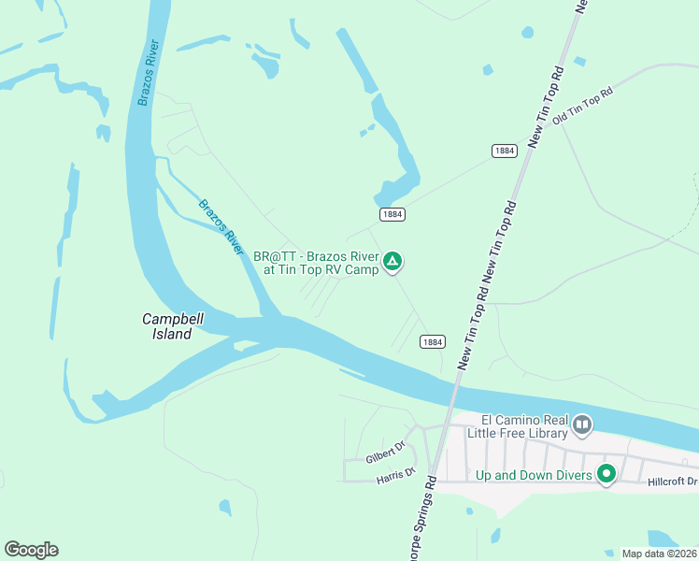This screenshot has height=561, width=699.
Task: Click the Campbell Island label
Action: coord(173,326)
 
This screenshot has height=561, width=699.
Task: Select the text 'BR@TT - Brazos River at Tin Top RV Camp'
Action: coord(316,263)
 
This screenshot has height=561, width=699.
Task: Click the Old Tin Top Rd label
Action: coord(581,107)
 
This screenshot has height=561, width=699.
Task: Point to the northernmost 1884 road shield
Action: coord(504,151)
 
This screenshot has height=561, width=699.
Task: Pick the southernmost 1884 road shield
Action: coord(431,342)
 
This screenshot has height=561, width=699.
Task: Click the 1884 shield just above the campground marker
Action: coord(392,214)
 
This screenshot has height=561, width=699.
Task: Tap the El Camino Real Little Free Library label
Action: coord(524,426)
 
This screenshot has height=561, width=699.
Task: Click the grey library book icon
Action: coord(582,426)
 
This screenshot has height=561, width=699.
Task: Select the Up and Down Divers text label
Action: coord(534,476)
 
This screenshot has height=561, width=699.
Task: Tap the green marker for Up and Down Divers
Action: coord(606,475)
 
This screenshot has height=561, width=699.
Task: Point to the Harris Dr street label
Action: coord(395,476)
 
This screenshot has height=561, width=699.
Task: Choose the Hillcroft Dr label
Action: coord(672,482)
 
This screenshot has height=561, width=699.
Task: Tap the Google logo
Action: coord(31,550)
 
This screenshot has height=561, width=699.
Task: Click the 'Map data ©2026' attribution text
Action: coord(660,554)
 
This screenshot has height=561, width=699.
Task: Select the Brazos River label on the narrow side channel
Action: coord(221,227)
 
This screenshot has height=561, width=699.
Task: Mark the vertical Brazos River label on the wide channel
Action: coord(149,73)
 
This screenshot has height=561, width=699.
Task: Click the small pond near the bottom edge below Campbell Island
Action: coord(225,508)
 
